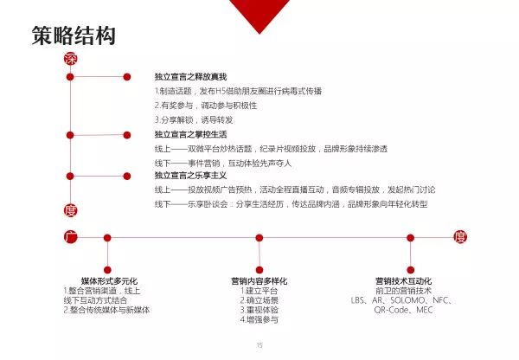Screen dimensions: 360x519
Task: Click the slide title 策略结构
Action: click(x=73, y=36)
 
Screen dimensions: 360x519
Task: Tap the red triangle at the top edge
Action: click(x=256, y=12)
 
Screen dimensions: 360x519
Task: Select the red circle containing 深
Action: click(x=71, y=59)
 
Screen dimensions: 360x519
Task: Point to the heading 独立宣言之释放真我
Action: click(x=189, y=77)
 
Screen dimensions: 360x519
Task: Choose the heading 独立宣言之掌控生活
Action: click(x=189, y=135)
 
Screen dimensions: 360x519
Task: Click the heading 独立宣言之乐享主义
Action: click(x=189, y=175)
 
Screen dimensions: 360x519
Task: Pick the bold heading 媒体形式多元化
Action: click(x=108, y=281)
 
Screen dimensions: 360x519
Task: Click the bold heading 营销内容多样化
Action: click(x=259, y=281)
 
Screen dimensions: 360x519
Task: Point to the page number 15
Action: click(x=259, y=346)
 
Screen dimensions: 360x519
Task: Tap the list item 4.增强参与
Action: click(x=259, y=319)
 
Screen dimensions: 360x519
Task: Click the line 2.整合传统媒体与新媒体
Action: click(x=106, y=310)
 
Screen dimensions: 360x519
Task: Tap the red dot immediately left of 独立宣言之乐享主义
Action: click(x=127, y=174)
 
